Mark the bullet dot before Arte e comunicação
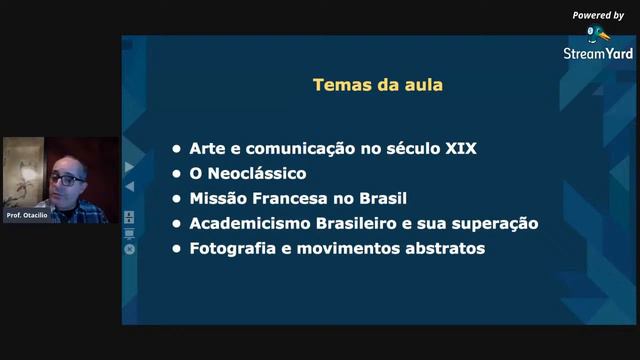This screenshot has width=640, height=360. pos(177,149)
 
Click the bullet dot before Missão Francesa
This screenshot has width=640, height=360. pos(177,198)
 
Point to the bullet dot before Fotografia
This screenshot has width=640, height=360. pos(177,248)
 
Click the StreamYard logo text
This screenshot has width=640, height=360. pos(598,53)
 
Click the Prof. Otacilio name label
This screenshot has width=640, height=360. pos(27,216)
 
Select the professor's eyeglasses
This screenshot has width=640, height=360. pos(67,178)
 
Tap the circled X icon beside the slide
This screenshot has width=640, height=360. pos(129,249)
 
